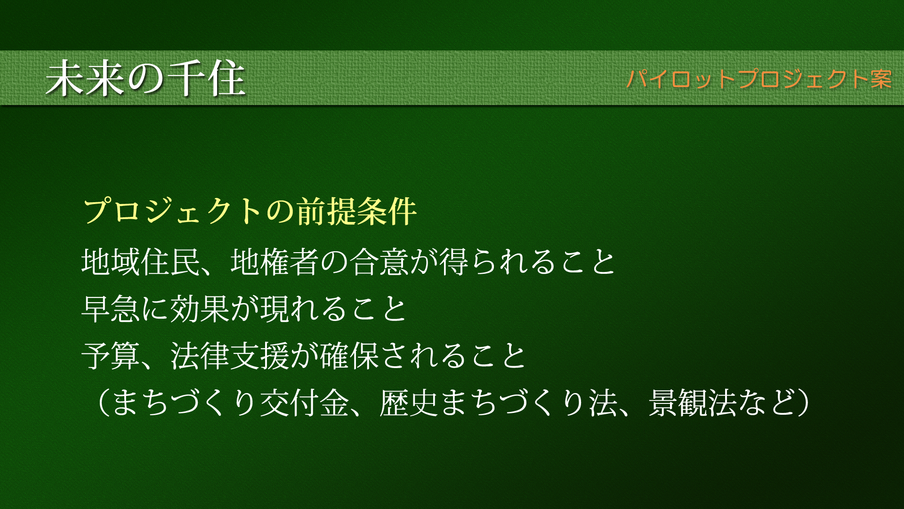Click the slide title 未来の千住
coord(145,78)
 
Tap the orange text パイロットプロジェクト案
coord(759,79)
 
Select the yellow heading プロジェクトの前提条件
coord(250,211)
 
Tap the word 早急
coord(112,309)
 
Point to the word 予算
coord(112,355)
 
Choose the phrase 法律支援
coord(230,355)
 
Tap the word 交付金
coord(305,403)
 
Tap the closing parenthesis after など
coord(804,403)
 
